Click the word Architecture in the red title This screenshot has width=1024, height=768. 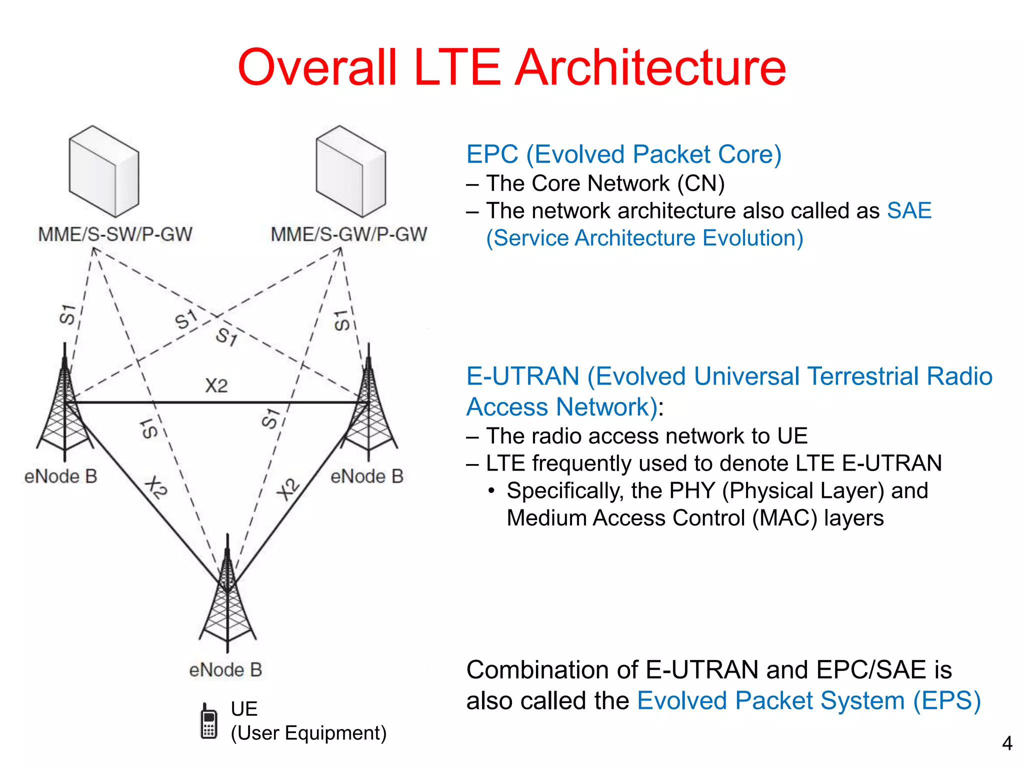(x=650, y=67)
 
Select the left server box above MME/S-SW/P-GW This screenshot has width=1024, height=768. (x=104, y=171)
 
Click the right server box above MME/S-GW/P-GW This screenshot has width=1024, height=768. (x=351, y=171)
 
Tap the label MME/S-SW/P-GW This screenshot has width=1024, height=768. (x=115, y=234)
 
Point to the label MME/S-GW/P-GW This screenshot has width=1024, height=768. (x=348, y=234)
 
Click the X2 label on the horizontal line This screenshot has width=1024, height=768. (x=216, y=386)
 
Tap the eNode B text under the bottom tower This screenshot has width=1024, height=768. (x=225, y=670)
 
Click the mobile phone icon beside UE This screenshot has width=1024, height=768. (x=208, y=721)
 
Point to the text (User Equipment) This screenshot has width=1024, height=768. (x=308, y=733)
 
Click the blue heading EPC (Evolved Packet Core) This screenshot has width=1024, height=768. (x=623, y=154)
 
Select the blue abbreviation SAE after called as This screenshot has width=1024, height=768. (x=909, y=210)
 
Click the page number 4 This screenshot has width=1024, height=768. (x=1007, y=743)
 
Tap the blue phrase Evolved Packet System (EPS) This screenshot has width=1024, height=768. (x=808, y=701)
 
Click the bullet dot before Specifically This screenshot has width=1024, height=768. (x=492, y=491)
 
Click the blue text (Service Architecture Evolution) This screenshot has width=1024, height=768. (x=644, y=238)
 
